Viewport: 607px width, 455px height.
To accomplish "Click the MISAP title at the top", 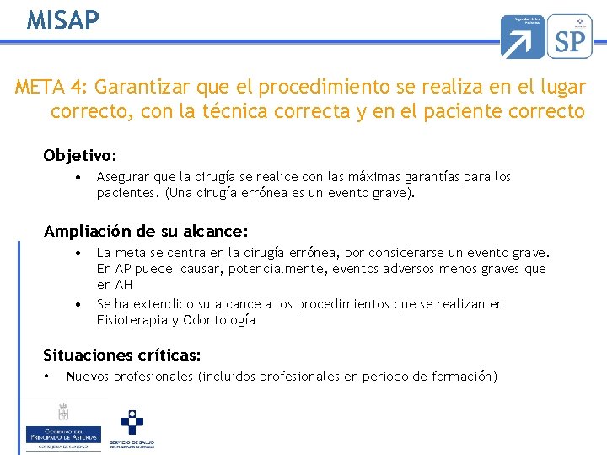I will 62,19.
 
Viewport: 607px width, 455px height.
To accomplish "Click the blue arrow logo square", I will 523,36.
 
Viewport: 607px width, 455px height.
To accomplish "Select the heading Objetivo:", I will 81,156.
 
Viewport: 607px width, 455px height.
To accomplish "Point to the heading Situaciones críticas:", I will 122,356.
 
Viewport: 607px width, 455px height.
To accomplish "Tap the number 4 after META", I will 76,87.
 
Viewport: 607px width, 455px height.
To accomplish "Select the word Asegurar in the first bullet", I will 124,177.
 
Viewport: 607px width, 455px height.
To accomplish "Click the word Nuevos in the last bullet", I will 88,377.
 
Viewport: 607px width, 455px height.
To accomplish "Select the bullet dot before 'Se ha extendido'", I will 78,304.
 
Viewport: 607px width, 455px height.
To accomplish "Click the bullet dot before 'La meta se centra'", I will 78,253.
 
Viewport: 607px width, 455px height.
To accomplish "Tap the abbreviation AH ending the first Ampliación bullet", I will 124,285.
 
